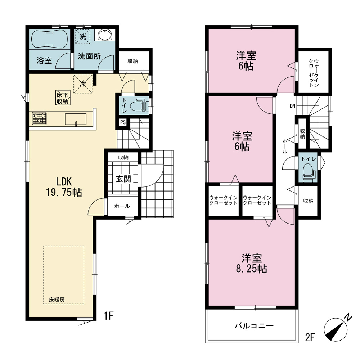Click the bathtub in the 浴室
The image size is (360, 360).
tap(49, 39)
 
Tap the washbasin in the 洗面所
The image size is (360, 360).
tap(105, 35)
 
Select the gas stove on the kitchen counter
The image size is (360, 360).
tap(39, 118)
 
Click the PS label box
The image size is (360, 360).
tap(123, 122)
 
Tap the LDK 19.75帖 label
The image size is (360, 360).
tap(64, 187)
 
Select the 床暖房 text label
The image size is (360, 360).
tap(57, 300)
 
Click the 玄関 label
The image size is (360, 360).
tap(123, 179)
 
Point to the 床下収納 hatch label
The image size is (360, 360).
tap(62, 98)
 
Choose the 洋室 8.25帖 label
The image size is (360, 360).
tap(251, 263)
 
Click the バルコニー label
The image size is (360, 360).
tap(254, 326)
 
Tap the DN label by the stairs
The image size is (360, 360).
tap(292, 106)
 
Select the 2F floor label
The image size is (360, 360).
tap(310, 338)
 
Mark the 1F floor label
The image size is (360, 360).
tap(109, 316)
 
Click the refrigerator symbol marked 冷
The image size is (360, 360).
tap(83, 84)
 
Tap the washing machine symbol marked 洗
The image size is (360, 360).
tap(83, 36)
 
